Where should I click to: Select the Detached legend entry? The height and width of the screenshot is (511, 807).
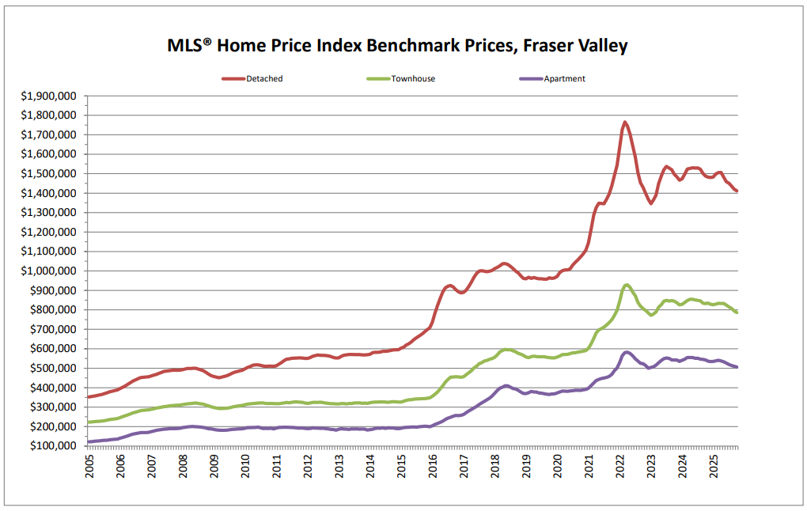click(263, 79)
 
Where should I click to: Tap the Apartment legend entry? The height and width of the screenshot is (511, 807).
click(564, 79)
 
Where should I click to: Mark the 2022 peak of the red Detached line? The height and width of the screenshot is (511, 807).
click(625, 122)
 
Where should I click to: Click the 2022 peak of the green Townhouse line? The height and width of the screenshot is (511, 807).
click(627, 285)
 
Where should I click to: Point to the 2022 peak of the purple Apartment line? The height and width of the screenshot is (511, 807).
click(627, 352)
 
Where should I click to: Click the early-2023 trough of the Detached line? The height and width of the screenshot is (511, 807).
click(651, 203)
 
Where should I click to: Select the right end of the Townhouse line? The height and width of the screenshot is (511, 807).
click(737, 312)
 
